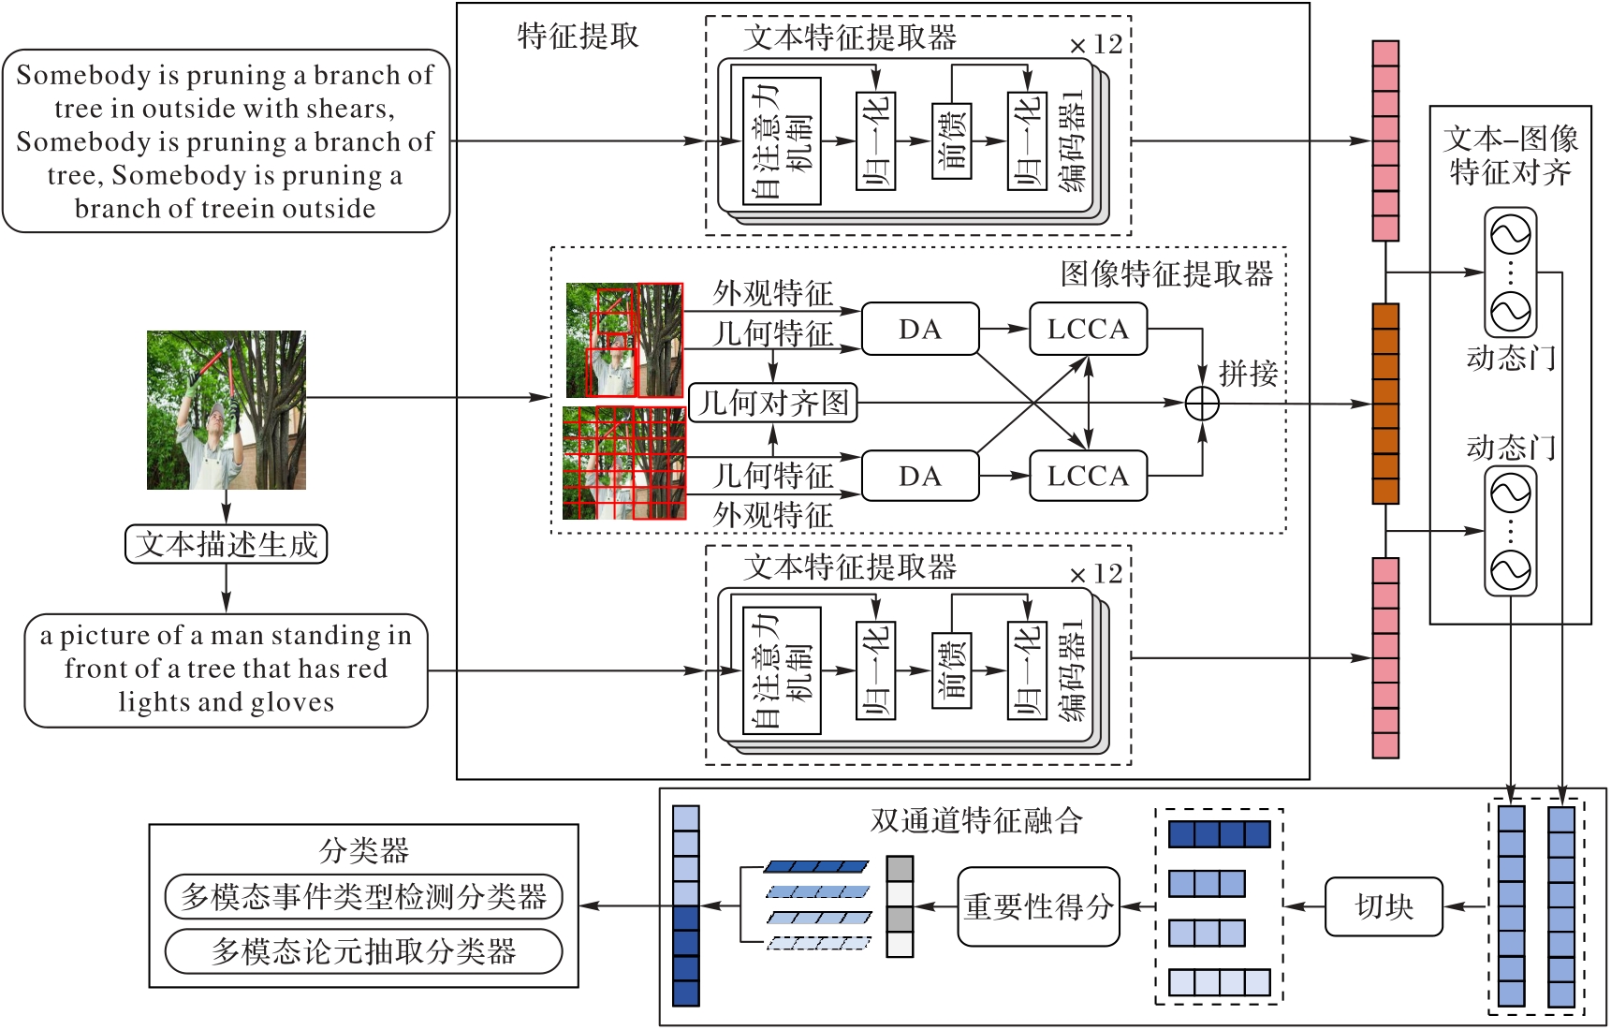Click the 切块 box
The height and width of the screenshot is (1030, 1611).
(1384, 906)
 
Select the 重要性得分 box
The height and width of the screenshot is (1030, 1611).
(1038, 906)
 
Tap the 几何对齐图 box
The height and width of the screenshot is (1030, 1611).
(773, 403)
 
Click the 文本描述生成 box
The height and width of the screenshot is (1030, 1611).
(226, 544)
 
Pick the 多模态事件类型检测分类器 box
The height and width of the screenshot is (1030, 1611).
(363, 897)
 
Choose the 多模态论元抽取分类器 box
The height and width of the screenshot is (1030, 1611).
(363, 951)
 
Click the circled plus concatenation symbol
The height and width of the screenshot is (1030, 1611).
(1202, 404)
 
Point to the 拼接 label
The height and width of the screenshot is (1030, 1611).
(1248, 373)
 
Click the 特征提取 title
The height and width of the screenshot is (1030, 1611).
(578, 37)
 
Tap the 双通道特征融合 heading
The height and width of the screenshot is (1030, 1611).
(976, 820)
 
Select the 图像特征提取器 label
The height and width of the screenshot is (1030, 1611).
(1166, 273)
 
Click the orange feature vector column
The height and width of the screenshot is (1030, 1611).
(1385, 404)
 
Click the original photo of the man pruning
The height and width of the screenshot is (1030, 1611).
(226, 409)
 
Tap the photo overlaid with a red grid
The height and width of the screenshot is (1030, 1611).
(623, 463)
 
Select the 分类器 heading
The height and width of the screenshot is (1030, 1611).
(363, 850)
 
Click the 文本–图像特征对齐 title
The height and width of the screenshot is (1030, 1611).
(1510, 155)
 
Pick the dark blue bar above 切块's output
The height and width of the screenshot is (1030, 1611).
(1219, 833)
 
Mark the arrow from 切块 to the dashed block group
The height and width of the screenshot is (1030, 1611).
(1304, 906)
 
